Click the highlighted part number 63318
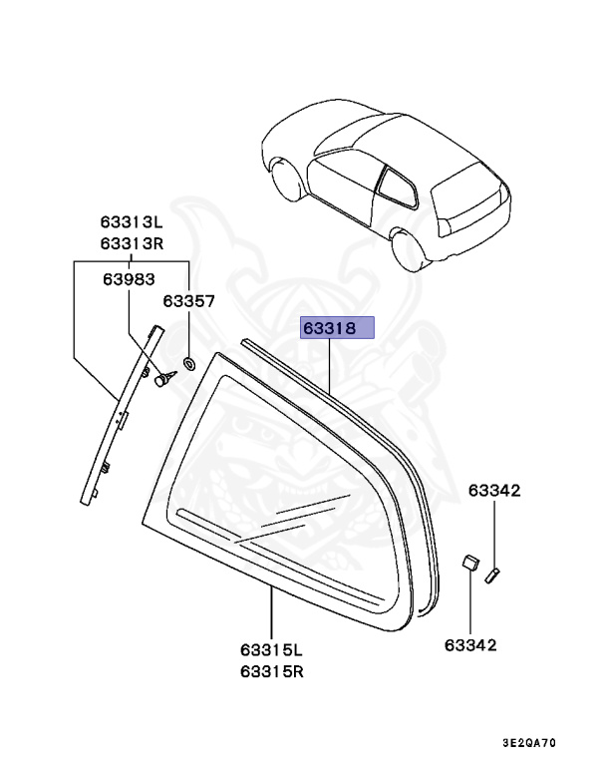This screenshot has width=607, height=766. tap(337, 328)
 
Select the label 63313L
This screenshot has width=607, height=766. tap(131, 225)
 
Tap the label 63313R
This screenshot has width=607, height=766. tap(131, 244)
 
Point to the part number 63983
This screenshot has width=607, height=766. tap(128, 280)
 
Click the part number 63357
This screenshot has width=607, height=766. tap(189, 299)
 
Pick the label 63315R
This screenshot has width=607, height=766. tap(271, 670)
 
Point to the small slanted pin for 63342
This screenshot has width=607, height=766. tap(491, 574)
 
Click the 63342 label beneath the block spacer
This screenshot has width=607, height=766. tap(469, 645)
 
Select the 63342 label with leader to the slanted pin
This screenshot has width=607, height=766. tap(495, 491)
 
